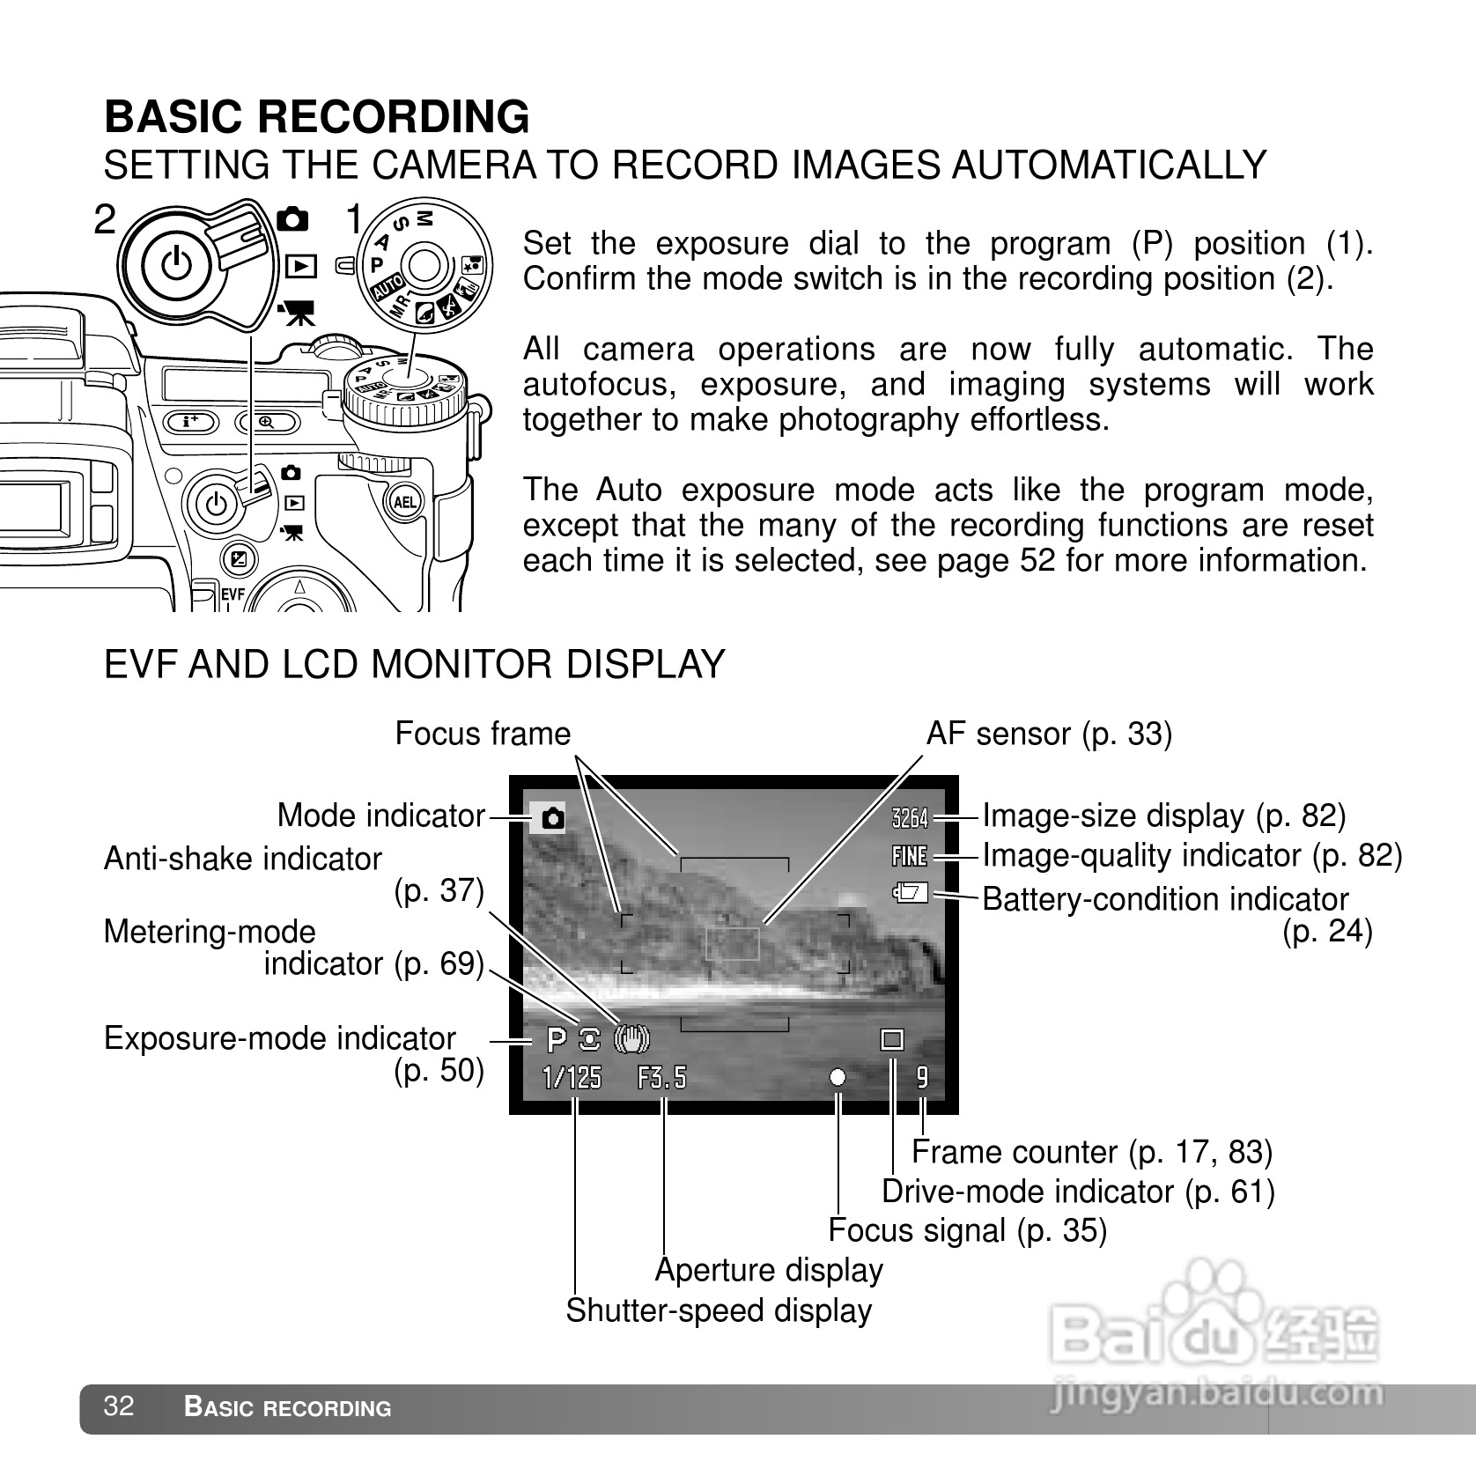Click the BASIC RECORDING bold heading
click(317, 116)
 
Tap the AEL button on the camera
click(404, 502)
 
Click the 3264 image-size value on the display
click(910, 818)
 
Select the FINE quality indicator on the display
click(910, 855)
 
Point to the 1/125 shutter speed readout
click(572, 1077)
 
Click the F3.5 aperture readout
click(661, 1077)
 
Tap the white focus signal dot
click(838, 1077)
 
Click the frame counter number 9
click(922, 1077)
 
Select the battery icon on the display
click(911, 894)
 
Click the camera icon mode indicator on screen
click(552, 818)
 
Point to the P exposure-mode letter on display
click(556, 1040)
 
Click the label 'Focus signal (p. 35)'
click(967, 1230)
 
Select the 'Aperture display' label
click(769, 1270)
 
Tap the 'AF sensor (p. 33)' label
click(1049, 734)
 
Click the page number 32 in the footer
click(119, 1406)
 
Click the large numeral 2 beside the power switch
click(105, 219)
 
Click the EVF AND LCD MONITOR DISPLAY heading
click(414, 664)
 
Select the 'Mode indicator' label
click(380, 815)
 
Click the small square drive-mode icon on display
click(892, 1040)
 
